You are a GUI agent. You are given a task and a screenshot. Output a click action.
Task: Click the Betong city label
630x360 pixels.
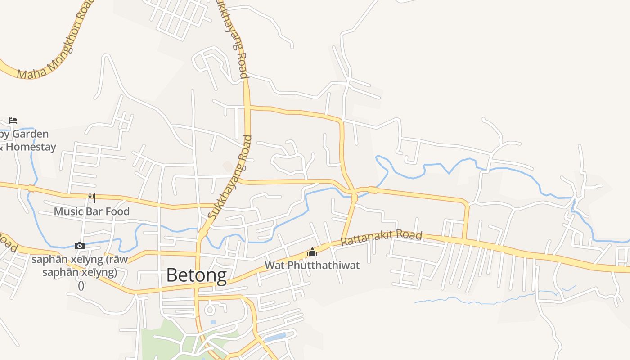click(197, 275)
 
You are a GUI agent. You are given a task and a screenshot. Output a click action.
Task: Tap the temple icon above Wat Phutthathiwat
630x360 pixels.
click(312, 252)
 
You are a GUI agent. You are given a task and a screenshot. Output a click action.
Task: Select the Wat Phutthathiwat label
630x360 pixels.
click(312, 265)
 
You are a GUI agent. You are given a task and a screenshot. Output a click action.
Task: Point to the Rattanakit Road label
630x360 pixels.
click(382, 238)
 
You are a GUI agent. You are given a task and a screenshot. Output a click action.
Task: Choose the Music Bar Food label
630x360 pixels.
click(92, 211)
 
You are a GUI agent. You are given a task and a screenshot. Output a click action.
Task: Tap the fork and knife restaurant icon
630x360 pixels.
click(92, 198)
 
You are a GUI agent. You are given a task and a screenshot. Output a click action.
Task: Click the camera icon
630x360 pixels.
click(80, 246)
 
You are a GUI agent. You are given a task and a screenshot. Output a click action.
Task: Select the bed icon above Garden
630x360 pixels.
click(13, 120)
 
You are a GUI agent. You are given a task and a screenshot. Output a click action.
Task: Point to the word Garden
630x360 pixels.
click(30, 134)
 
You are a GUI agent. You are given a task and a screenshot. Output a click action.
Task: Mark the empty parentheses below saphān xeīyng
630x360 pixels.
click(81, 285)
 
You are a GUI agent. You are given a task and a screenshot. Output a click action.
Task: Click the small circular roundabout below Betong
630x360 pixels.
click(210, 310)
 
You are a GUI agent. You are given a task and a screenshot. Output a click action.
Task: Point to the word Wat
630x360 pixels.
click(274, 265)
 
